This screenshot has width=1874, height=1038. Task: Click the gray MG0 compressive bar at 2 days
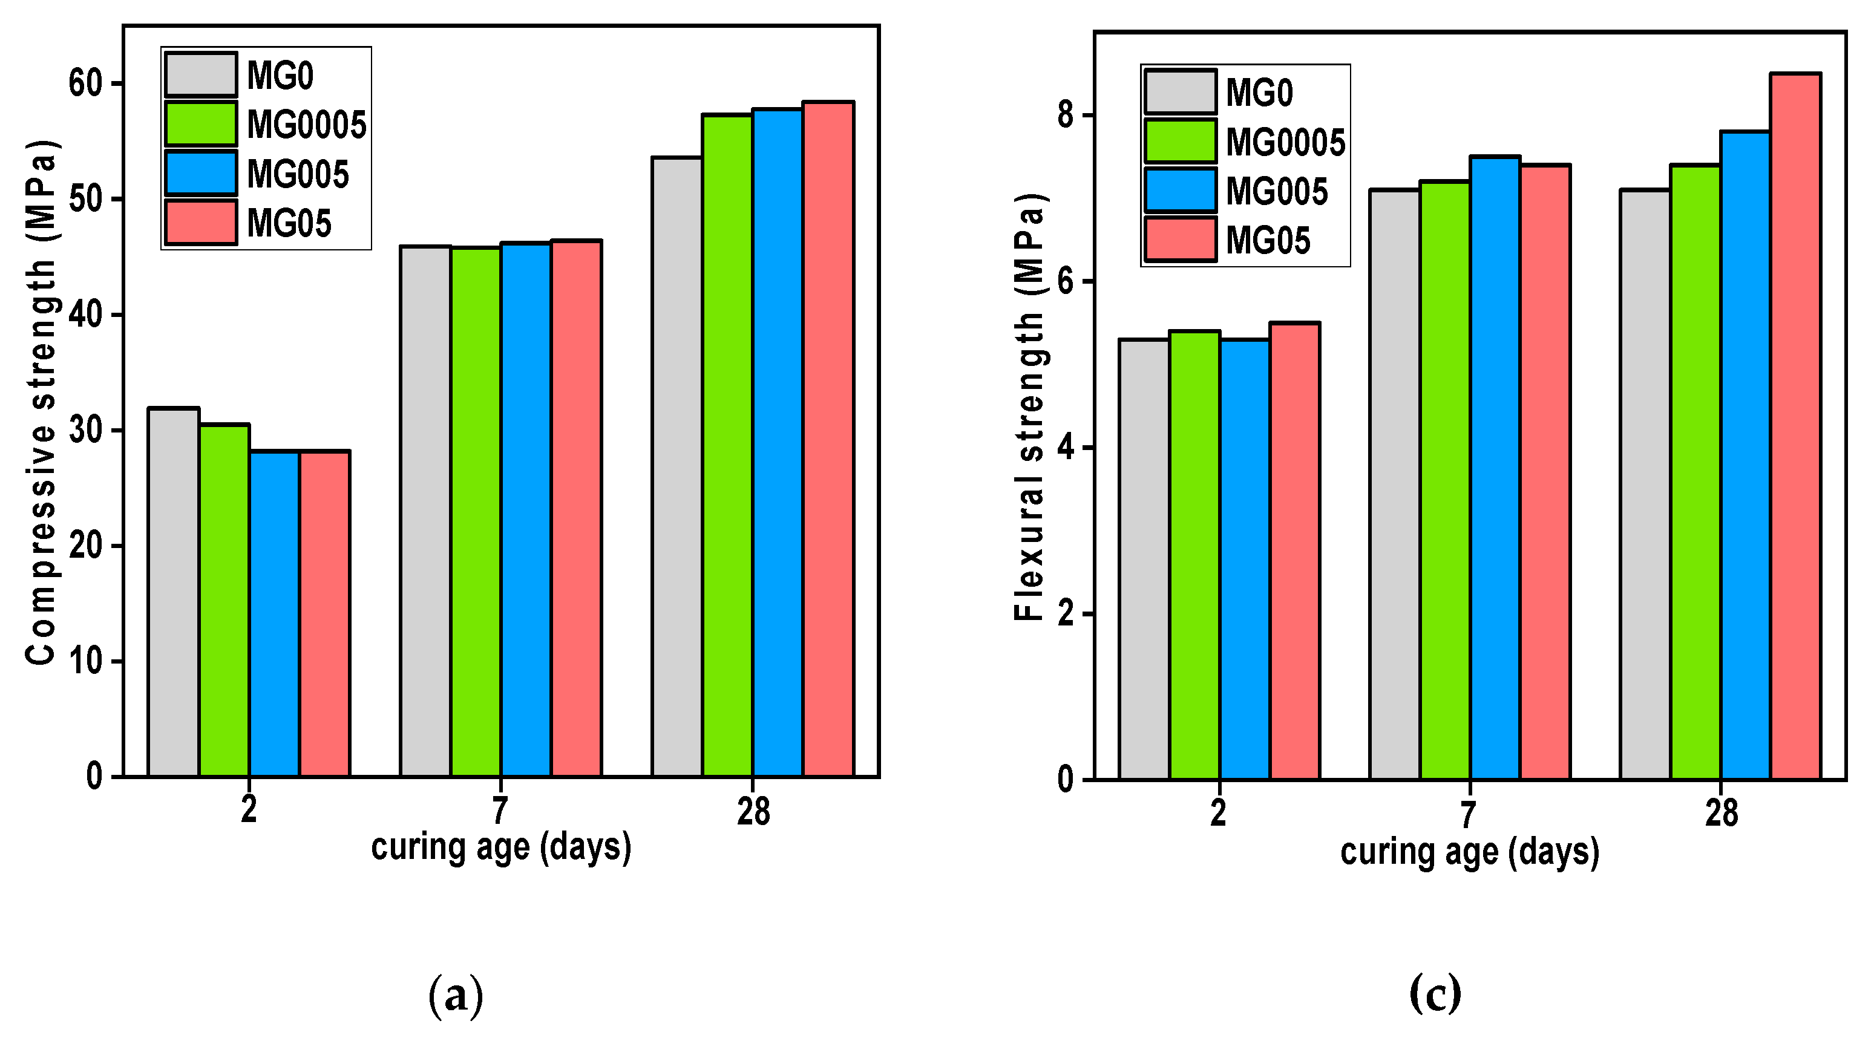173,592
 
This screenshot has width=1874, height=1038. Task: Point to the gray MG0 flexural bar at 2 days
1144,560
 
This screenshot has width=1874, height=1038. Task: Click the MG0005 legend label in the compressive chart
306,125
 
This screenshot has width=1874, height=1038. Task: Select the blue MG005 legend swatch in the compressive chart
200,173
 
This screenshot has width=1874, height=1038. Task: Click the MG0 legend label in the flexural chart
1259,93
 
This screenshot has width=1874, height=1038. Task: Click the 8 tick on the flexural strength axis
1066,115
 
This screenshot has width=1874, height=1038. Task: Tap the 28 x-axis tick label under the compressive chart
753,811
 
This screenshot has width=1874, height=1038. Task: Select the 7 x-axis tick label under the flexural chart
1469,814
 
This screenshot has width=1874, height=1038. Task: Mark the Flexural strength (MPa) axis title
1029,407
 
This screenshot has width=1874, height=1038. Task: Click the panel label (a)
456,995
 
